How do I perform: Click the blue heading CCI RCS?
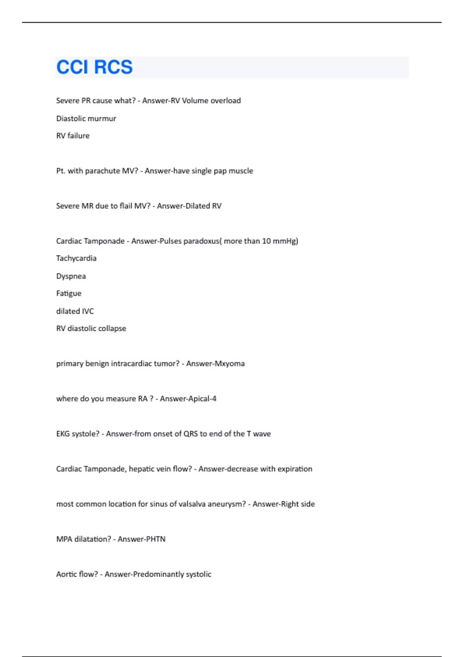[94, 67]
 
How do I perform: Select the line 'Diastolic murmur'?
[86, 119]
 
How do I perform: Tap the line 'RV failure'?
[73, 136]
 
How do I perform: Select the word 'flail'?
[126, 206]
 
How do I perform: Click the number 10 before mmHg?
[266, 241]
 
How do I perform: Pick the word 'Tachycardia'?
[76, 258]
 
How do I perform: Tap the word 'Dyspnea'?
[71, 276]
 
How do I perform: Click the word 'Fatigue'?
[69, 293]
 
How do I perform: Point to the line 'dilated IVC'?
[75, 311]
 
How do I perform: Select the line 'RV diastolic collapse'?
[91, 328]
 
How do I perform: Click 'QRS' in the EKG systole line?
[190, 434]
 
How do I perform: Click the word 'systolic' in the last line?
[198, 574]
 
